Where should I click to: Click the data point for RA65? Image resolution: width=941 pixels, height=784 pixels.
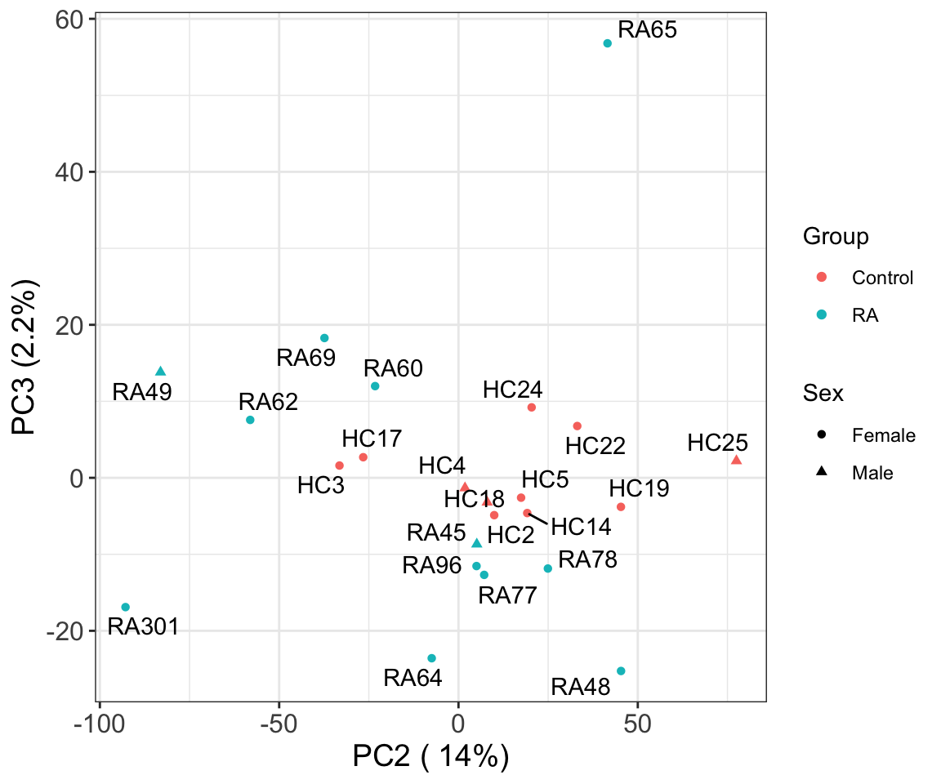pyautogui.click(x=607, y=43)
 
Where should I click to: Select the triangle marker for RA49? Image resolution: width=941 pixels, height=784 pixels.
pyautogui.click(x=161, y=372)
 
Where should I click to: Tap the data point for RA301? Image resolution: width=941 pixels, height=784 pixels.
pyautogui.click(x=126, y=607)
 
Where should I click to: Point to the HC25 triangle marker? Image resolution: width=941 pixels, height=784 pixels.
pyautogui.click(x=736, y=460)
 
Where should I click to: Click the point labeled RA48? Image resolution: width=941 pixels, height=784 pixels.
pyautogui.click(x=621, y=671)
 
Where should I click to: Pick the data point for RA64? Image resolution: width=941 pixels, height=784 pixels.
pyautogui.click(x=431, y=658)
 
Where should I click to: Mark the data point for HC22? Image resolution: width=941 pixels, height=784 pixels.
pyautogui.click(x=577, y=426)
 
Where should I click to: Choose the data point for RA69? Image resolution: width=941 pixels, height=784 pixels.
pyautogui.click(x=324, y=338)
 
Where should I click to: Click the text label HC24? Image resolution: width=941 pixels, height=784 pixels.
pyautogui.click(x=512, y=390)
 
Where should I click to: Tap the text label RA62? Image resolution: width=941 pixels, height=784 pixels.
pyautogui.click(x=268, y=402)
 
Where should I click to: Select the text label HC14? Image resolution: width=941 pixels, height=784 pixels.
pyautogui.click(x=581, y=527)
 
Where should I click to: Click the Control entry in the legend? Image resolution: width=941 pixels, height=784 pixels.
pyautogui.click(x=882, y=278)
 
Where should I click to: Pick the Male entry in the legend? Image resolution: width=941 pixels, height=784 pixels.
pyautogui.click(x=872, y=473)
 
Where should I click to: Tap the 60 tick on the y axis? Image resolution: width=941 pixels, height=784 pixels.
pyautogui.click(x=72, y=20)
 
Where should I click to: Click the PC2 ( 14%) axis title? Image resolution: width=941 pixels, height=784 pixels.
pyautogui.click(x=431, y=757)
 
